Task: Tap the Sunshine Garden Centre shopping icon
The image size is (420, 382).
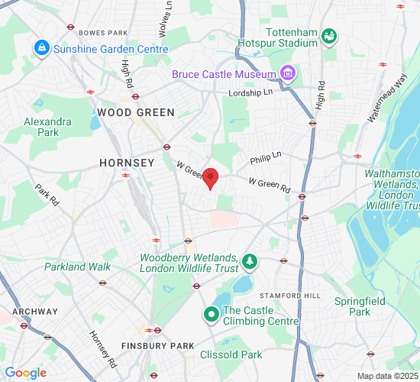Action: (x=41, y=49)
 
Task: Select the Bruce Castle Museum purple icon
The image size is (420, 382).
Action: (x=287, y=74)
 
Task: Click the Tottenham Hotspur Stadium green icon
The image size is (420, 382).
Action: (x=329, y=36)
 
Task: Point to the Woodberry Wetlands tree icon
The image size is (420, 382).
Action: (x=249, y=263)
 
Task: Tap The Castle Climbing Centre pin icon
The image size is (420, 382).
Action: (x=211, y=315)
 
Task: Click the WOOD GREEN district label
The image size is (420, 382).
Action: (x=135, y=112)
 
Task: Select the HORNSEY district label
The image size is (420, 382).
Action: (x=127, y=163)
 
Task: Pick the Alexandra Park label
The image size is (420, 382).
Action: (x=47, y=127)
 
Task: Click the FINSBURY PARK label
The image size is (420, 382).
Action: (x=161, y=346)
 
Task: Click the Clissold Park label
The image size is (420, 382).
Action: (x=231, y=354)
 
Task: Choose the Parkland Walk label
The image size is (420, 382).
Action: (x=77, y=267)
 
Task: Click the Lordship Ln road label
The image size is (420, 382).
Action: (x=250, y=93)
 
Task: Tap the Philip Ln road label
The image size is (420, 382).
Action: (x=266, y=157)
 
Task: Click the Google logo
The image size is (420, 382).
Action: (x=25, y=373)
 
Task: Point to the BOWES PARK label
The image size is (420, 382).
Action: (x=102, y=33)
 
